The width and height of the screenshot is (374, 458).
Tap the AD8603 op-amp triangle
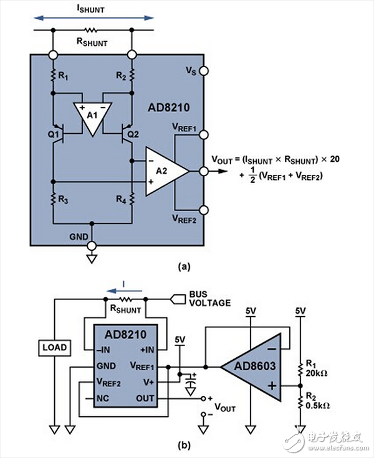(252, 367)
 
